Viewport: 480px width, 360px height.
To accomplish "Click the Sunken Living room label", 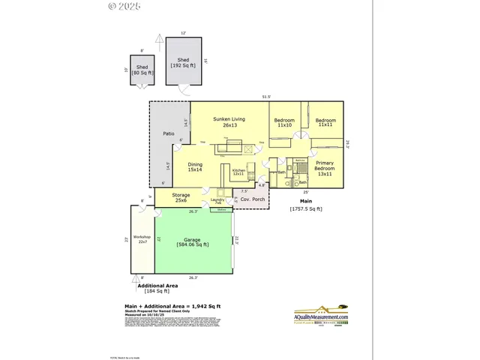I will coord(229,122).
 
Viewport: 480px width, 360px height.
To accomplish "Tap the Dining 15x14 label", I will coord(195,167).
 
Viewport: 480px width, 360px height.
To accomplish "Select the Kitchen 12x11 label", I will coord(238,172).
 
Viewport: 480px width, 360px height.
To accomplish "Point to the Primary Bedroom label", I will coord(325,166).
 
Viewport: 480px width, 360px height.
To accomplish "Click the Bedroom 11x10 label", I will coord(283,123).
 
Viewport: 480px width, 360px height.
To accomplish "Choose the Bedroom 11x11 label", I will coord(325,123).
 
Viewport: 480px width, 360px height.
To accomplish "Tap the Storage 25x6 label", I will coord(181,197).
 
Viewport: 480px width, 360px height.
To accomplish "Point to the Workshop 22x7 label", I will coord(142,239).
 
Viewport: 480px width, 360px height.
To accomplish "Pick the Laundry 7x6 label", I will coord(217,201).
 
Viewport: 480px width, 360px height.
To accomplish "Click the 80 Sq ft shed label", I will coord(142,70).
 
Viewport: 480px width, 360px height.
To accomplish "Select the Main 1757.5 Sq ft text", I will coord(305,205).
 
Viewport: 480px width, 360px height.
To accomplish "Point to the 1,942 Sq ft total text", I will coord(172,307).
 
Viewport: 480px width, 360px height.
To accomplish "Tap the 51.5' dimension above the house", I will coord(265,97).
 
